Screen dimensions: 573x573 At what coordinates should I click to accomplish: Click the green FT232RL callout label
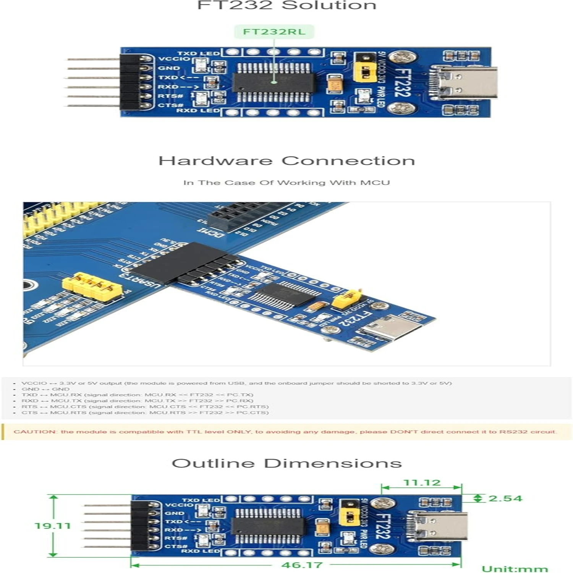[274, 32]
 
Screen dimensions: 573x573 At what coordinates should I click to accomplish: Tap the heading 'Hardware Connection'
[286, 161]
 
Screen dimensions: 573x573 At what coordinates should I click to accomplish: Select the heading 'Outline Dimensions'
[286, 463]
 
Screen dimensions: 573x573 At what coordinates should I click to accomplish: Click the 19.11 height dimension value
[53, 526]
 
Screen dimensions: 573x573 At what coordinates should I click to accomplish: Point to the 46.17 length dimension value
[302, 565]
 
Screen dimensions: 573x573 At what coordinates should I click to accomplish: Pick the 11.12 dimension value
[422, 483]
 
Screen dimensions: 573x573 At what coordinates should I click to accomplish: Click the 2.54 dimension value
[505, 499]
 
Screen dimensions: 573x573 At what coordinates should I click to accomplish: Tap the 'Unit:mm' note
[514, 569]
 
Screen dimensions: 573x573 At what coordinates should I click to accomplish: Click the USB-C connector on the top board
[464, 83]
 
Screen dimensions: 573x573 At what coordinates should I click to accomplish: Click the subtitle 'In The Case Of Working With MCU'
[286, 183]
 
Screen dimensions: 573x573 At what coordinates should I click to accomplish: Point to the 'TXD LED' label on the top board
[198, 53]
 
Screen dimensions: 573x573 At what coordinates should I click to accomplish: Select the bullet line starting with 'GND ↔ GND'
[45, 389]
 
